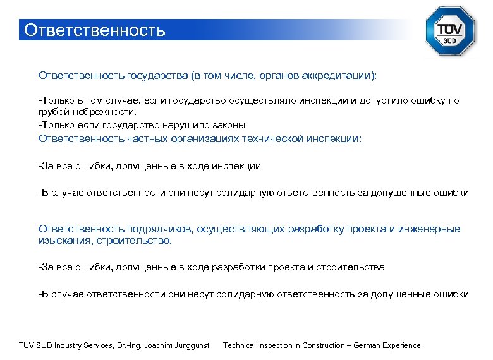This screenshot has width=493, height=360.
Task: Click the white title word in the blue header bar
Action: coord(94,30)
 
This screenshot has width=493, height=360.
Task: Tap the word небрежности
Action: coord(95,111)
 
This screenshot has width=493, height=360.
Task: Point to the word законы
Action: coord(228,124)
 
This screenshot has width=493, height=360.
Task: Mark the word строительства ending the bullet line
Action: coord(351,267)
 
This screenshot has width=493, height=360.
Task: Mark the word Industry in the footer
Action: coord(68,345)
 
